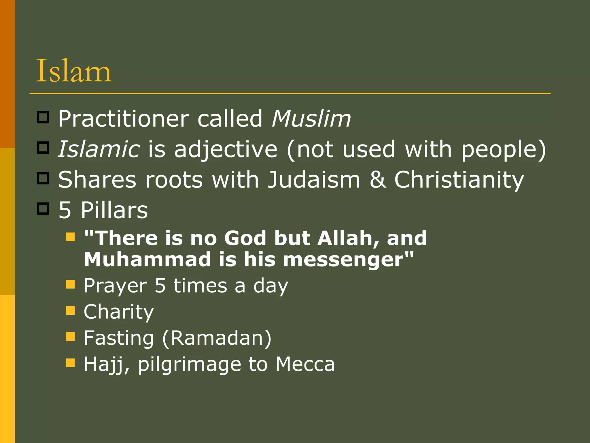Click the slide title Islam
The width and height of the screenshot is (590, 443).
(x=73, y=71)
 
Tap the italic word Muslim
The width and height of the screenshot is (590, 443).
(x=311, y=119)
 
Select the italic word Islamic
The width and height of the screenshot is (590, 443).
(x=99, y=149)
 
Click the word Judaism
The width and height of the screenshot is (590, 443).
(x=314, y=180)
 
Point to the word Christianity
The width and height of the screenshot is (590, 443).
(x=459, y=180)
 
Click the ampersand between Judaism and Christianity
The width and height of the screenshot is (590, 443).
(x=377, y=180)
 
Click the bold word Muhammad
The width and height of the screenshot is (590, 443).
(x=147, y=259)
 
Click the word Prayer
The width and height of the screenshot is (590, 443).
(x=116, y=286)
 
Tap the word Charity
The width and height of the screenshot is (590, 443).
(x=119, y=312)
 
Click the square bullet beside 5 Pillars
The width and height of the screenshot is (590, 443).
(x=43, y=209)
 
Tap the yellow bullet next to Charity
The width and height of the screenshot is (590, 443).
(x=70, y=310)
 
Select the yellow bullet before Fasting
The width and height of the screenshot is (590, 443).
(x=70, y=336)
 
